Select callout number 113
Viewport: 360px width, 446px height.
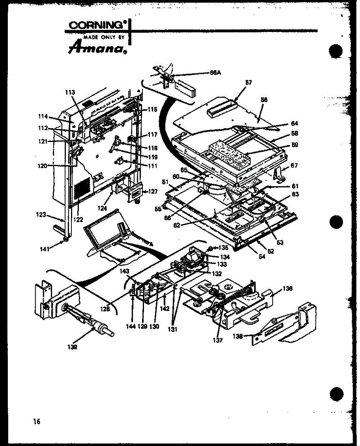tap(70, 92)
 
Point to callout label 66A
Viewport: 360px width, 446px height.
tap(216, 72)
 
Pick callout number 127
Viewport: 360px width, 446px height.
tap(152, 192)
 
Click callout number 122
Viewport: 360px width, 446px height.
tap(78, 219)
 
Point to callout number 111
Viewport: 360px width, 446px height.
tap(152, 165)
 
